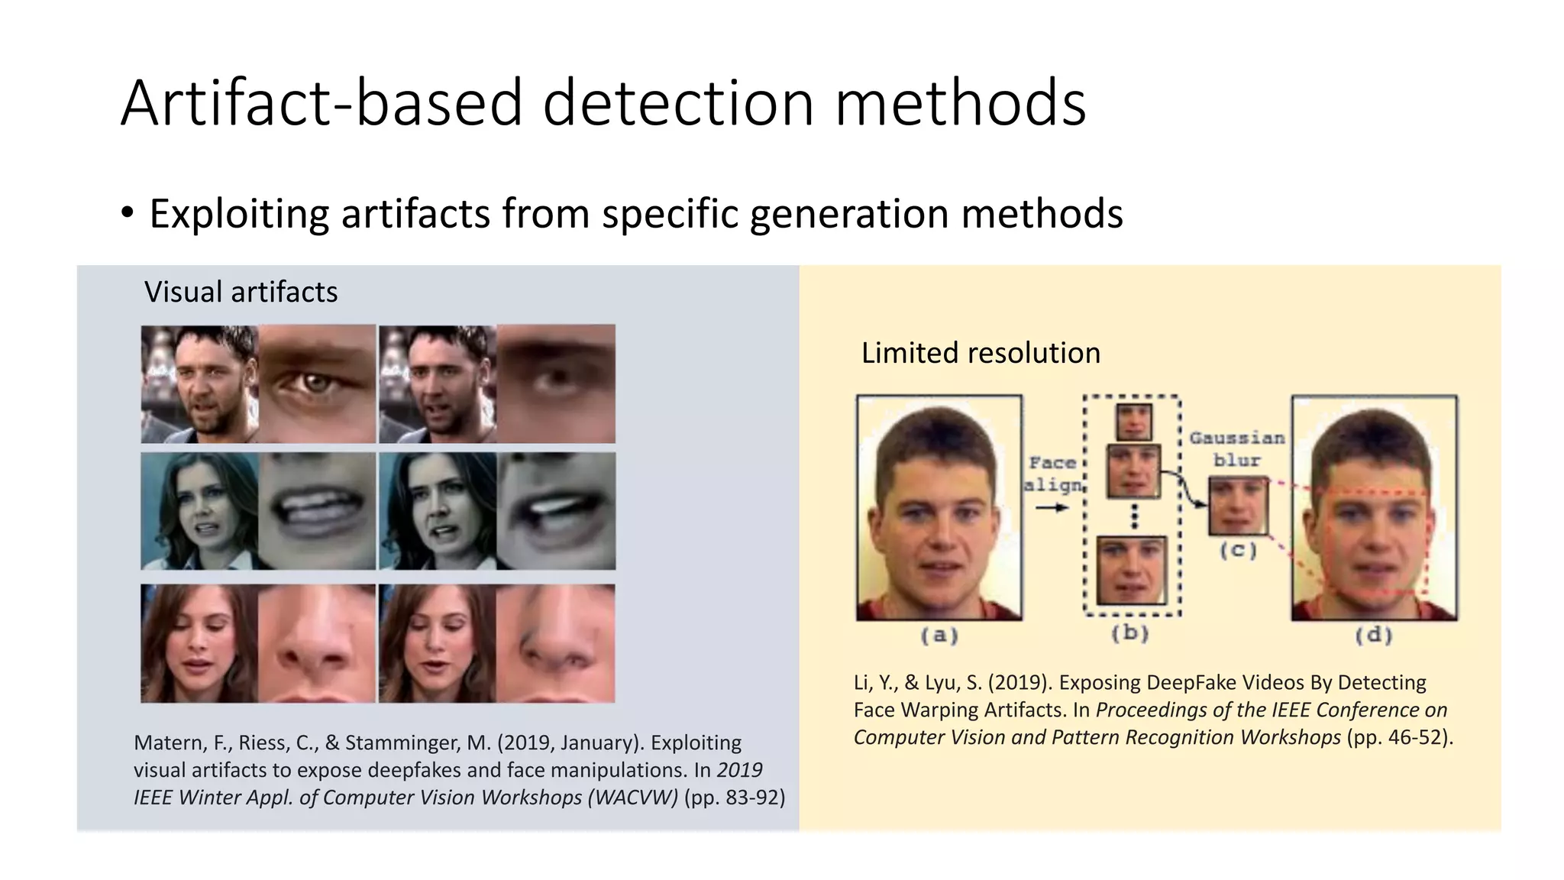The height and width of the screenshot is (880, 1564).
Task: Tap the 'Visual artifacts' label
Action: point(241,292)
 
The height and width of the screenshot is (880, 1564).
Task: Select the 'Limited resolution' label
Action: point(981,353)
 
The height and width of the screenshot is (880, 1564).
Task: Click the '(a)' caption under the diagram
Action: point(939,636)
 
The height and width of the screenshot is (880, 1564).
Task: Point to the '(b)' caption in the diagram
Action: point(1130,633)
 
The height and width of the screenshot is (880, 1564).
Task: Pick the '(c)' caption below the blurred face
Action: point(1238,550)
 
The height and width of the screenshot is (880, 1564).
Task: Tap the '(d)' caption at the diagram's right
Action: point(1373,636)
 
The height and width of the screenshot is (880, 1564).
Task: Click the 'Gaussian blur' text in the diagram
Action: point(1237,449)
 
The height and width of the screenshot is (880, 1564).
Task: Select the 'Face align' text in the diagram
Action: point(1053,474)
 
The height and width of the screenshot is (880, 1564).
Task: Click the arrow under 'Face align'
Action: point(1052,507)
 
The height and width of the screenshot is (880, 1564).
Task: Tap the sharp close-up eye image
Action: point(317,383)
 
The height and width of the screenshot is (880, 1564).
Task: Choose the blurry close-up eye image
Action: point(556,383)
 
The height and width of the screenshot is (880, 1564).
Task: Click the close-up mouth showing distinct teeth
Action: point(317,511)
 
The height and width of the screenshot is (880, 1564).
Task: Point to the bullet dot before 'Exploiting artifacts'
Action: point(127,212)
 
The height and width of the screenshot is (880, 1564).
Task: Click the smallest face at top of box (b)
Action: point(1133,421)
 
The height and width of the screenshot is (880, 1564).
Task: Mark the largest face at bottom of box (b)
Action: point(1131,570)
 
